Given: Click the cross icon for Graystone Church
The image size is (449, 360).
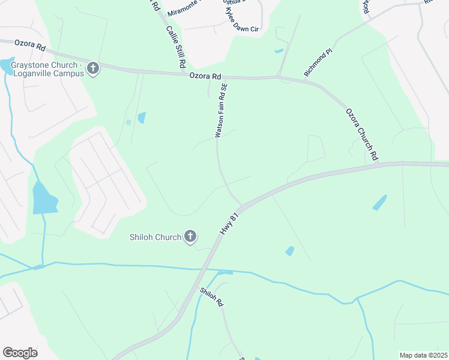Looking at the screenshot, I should (x=92, y=68).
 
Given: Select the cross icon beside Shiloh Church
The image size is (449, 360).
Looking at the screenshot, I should (x=190, y=236).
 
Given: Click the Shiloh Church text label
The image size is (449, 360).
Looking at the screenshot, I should (x=155, y=237).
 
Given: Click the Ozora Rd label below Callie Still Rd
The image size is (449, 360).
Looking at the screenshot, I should (x=205, y=76).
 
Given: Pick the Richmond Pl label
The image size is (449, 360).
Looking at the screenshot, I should (x=318, y=63).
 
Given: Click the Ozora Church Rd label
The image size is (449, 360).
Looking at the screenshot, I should (x=362, y=134).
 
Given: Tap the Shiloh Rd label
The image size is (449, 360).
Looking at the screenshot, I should (x=211, y=297).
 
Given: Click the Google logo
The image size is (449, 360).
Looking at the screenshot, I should (x=20, y=352).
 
